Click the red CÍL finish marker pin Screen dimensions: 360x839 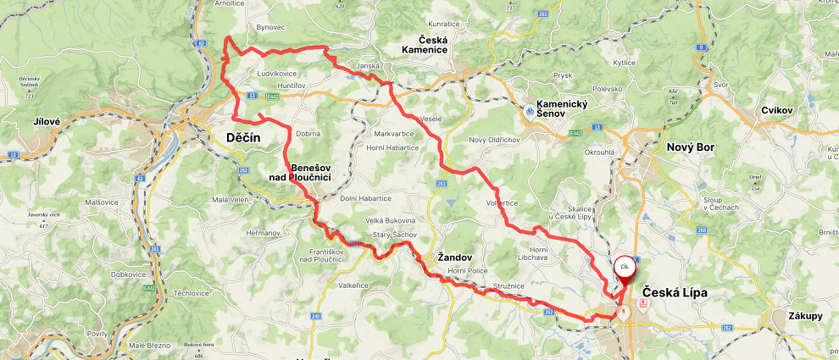pyautogui.click(x=624, y=268)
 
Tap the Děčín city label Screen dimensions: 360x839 pyautogui.click(x=243, y=137)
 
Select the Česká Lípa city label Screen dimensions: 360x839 pyautogui.click(x=674, y=292)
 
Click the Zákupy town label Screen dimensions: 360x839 pyautogui.click(x=803, y=316)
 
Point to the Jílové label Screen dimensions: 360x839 pyautogui.click(x=47, y=121)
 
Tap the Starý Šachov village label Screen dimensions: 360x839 pyautogui.click(x=392, y=235)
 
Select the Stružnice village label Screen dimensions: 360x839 pyautogui.click(x=509, y=286)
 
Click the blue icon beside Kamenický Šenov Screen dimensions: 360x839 pyautogui.click(x=530, y=109)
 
